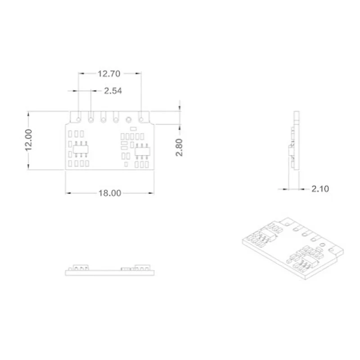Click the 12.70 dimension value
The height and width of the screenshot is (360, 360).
(x=109, y=74)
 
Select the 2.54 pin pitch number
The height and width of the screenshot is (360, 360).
(x=113, y=91)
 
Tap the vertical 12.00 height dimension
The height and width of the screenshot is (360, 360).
(x=29, y=140)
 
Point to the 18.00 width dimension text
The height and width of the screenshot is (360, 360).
(x=110, y=193)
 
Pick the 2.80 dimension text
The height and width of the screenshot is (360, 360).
(x=179, y=148)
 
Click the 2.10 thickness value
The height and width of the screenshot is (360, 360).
(x=320, y=189)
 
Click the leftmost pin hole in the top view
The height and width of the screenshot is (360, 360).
(x=78, y=119)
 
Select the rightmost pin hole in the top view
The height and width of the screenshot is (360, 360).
(x=141, y=120)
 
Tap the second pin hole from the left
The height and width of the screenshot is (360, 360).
(x=91, y=120)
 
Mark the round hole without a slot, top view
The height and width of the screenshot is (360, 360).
(x=129, y=120)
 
